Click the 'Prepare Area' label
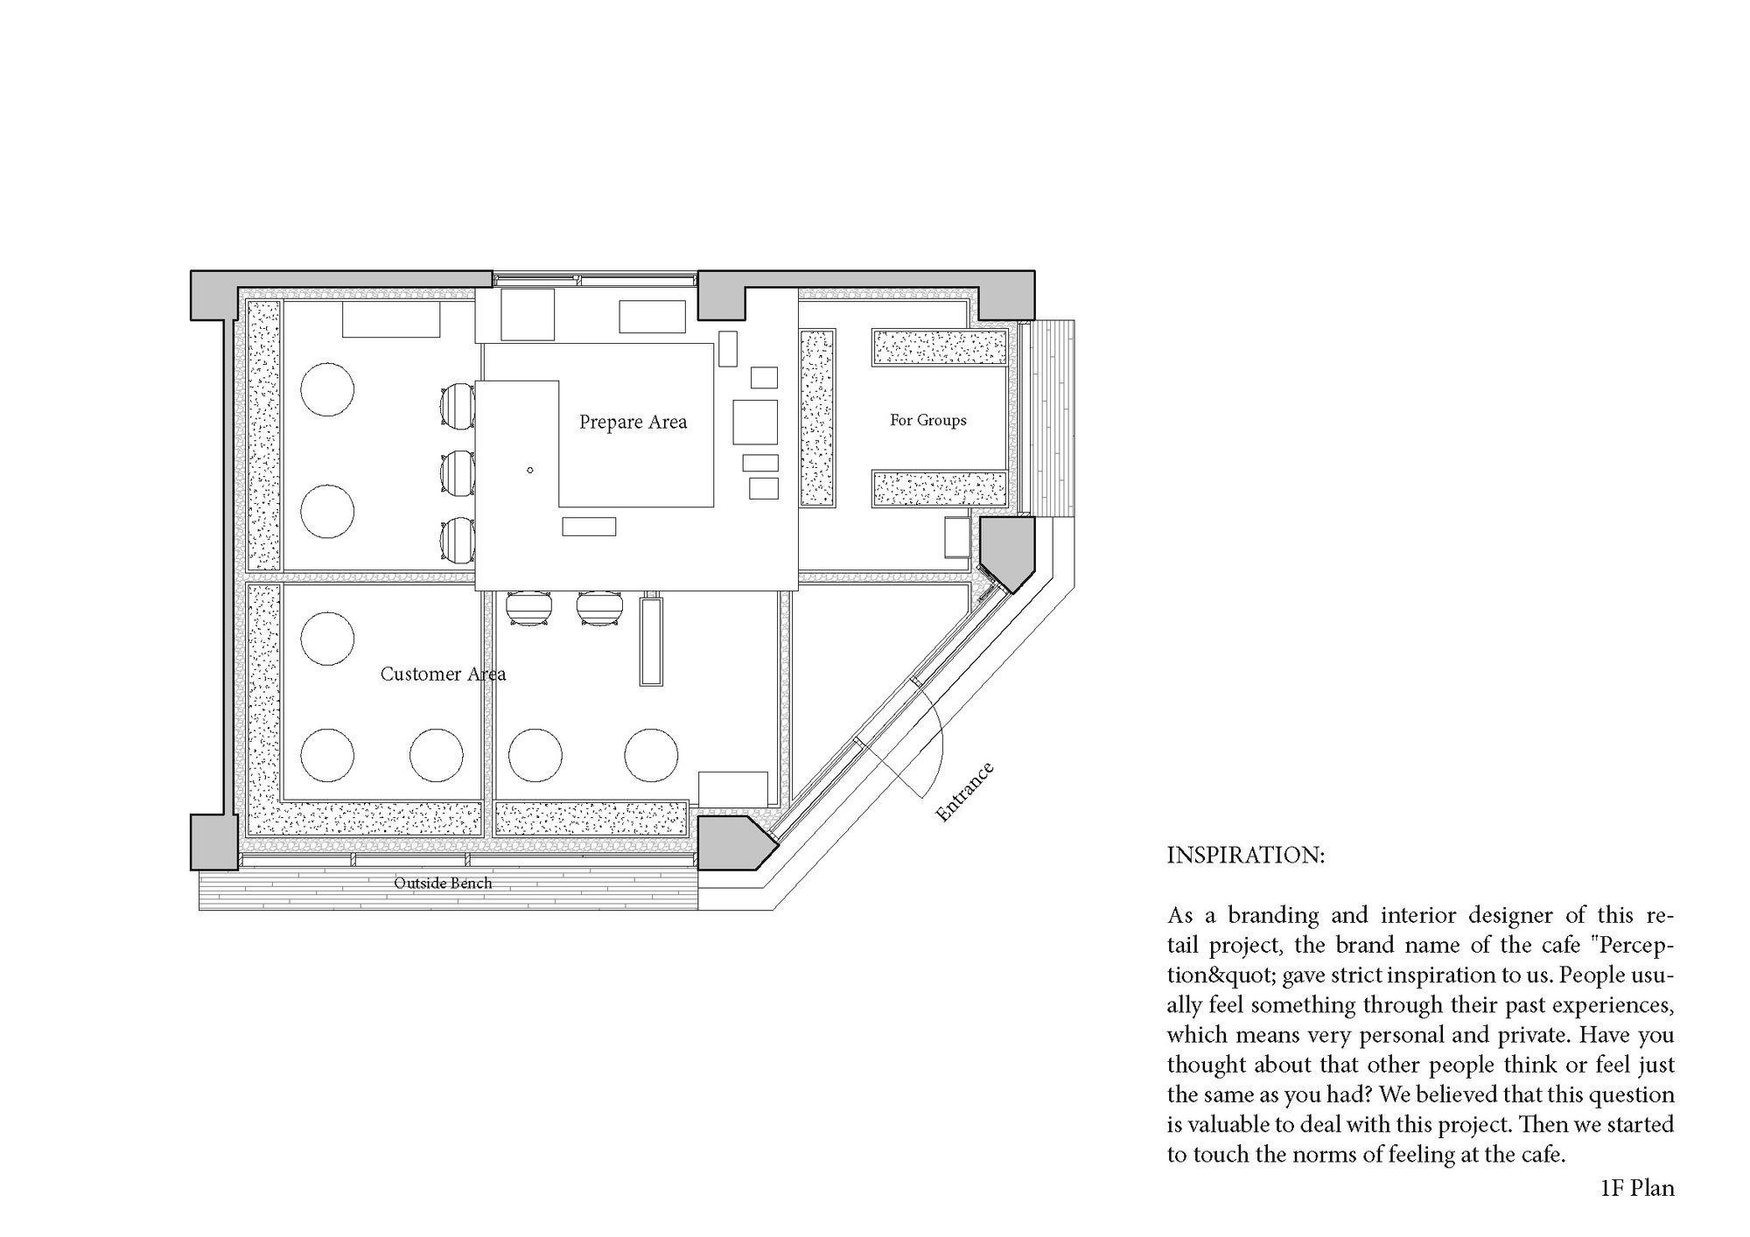(633, 423)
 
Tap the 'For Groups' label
(927, 420)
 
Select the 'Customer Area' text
(443, 674)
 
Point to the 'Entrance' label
(964, 793)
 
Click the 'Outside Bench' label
(443, 884)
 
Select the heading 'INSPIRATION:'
(1245, 856)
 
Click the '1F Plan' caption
(1636, 1188)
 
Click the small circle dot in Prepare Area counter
(530, 471)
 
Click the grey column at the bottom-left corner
(213, 842)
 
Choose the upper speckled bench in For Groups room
(940, 347)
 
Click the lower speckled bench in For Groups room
(940, 488)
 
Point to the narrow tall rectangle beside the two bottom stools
(650, 641)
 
